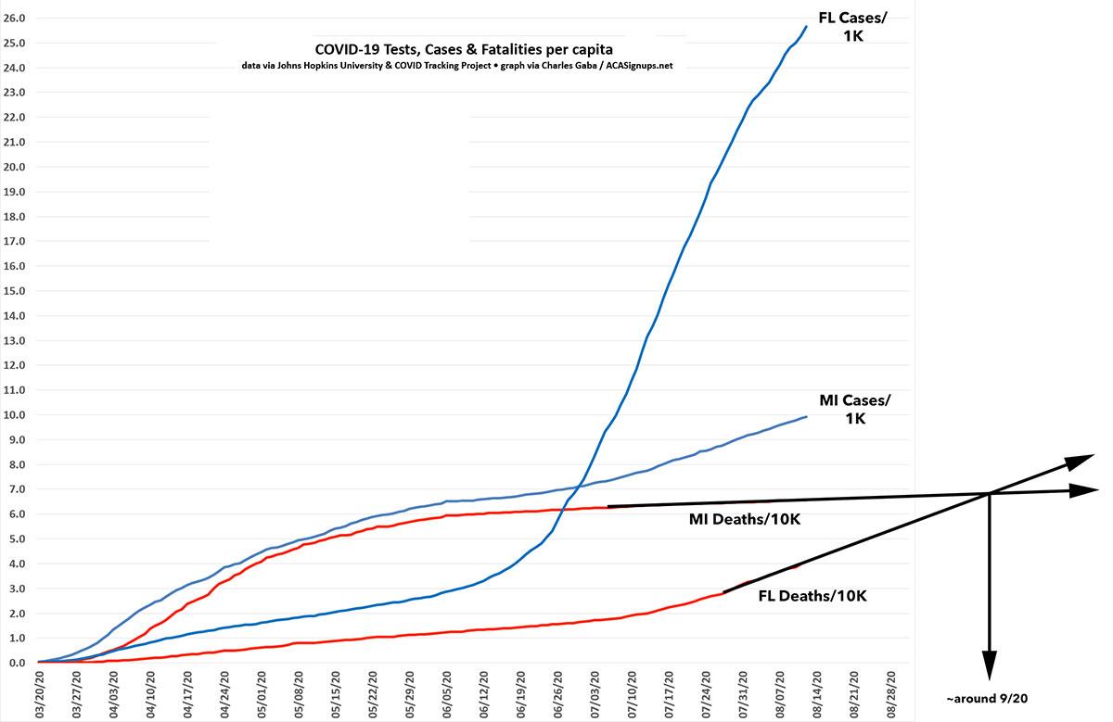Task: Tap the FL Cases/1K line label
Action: (x=852, y=27)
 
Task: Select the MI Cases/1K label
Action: (x=854, y=409)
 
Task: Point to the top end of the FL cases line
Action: (x=806, y=27)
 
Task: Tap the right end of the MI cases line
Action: (x=806, y=417)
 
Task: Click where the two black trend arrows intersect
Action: (x=990, y=492)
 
